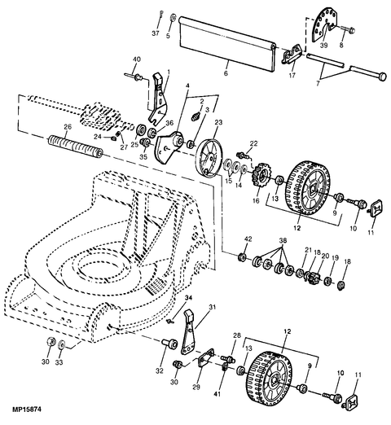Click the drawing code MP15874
tap(27, 409)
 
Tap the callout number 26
tap(68, 127)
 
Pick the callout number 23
tap(218, 123)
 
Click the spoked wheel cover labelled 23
tap(209, 158)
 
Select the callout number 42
tap(248, 239)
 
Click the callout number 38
tap(283, 241)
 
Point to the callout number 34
tap(188, 298)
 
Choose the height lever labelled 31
tap(188, 335)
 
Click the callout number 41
tap(217, 394)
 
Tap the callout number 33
tap(59, 362)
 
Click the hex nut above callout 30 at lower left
tap(51, 341)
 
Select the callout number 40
tap(137, 59)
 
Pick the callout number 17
tap(292, 75)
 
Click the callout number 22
tap(253, 143)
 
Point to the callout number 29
tap(196, 388)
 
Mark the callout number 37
tap(156, 33)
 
